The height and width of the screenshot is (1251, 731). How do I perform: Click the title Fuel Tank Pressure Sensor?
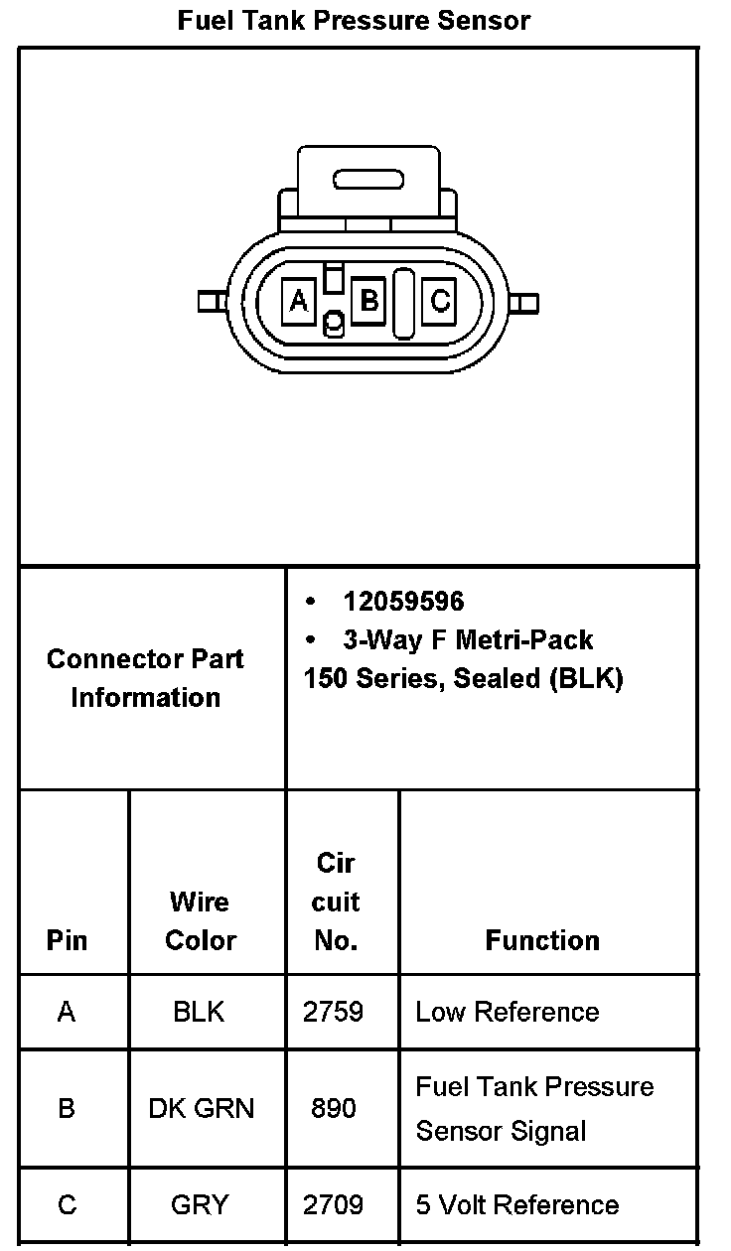(x=354, y=20)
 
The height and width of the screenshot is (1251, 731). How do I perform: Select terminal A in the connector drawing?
(x=299, y=300)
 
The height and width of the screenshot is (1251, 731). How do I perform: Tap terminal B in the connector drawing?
(x=369, y=299)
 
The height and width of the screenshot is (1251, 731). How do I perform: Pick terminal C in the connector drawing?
(x=440, y=300)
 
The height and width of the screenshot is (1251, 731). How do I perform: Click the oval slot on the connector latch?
(x=368, y=180)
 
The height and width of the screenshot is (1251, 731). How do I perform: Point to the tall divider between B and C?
(x=403, y=303)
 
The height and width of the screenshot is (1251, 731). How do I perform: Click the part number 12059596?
(x=403, y=602)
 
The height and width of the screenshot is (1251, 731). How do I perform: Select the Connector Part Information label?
(x=145, y=678)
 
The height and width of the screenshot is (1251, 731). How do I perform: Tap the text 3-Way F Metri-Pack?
(x=467, y=640)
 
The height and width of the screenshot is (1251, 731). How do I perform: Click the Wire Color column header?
(x=200, y=920)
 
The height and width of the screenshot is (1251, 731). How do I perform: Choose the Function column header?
(x=542, y=940)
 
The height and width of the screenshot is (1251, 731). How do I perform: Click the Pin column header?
(x=67, y=940)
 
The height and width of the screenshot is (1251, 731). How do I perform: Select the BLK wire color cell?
(x=199, y=1012)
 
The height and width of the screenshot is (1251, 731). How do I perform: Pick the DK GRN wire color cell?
(x=201, y=1108)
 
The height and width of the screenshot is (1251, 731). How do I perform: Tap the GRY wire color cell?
(x=200, y=1205)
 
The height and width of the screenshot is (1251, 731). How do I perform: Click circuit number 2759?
(x=333, y=1012)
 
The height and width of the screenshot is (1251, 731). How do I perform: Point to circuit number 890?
(x=333, y=1108)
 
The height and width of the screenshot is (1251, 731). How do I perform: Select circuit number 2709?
(x=333, y=1205)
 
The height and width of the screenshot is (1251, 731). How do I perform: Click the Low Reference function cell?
(x=508, y=1012)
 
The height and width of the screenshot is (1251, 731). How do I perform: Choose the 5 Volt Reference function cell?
(x=517, y=1205)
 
